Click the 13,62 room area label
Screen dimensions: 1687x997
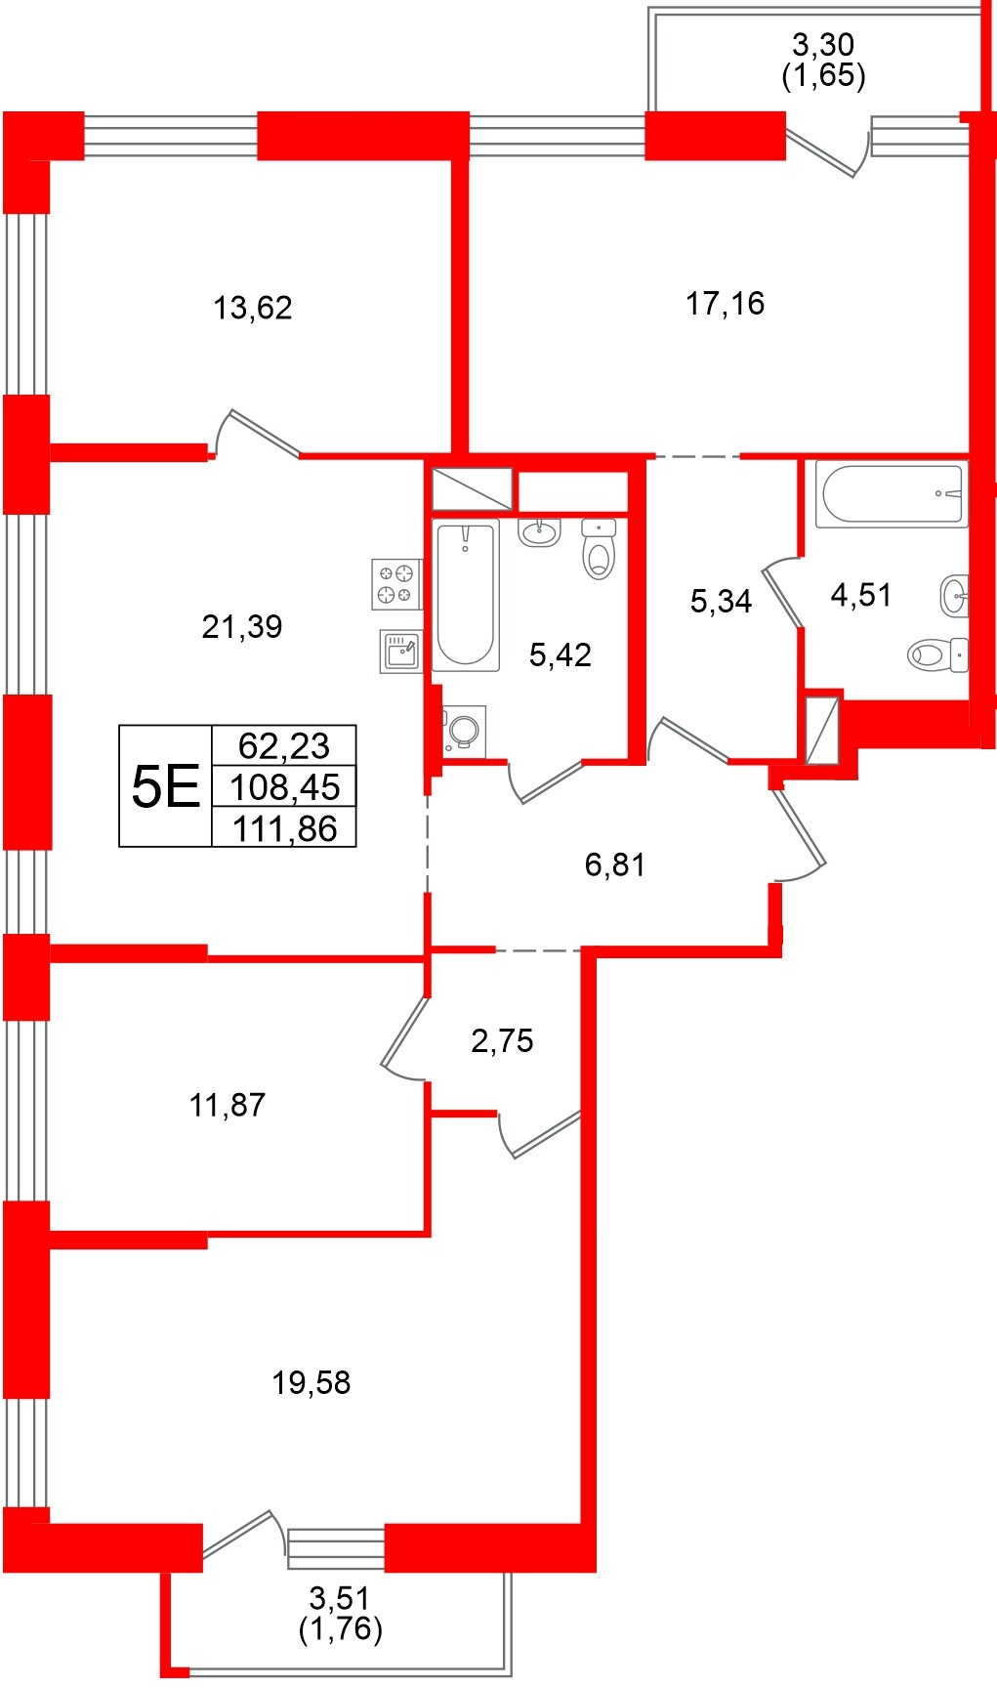pos(253,308)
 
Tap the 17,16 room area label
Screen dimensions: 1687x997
pos(725,304)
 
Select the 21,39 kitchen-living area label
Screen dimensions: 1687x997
pos(242,626)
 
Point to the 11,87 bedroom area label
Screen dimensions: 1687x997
pos(228,1105)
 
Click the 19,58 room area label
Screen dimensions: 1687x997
pos(312,1382)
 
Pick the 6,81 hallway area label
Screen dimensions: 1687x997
pos(615,865)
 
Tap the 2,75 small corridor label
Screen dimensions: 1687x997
pos(502,1040)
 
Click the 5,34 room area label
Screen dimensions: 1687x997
pos(721,601)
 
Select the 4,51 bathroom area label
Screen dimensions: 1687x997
pos(861,595)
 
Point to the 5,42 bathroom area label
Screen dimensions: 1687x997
pos(561,654)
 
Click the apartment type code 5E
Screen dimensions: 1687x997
pos(165,786)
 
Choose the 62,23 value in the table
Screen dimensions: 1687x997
pos(284,745)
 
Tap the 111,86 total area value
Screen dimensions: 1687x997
pos(284,829)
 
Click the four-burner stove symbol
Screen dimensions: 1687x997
pos(395,584)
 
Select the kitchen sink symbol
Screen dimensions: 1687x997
pos(400,651)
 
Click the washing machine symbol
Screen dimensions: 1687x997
pos(464,731)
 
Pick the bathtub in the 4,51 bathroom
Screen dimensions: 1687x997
pos(892,493)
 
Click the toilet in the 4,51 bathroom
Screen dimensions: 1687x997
pos(936,654)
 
